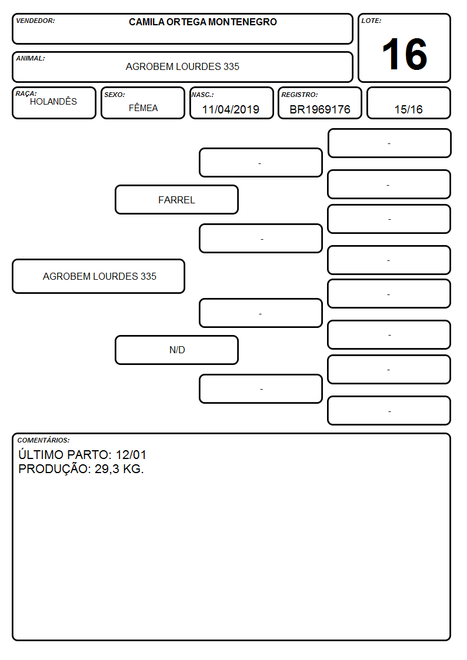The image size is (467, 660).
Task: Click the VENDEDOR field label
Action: (35, 21)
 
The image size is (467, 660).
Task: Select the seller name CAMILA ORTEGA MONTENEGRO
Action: (203, 22)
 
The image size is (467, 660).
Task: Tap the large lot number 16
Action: (405, 54)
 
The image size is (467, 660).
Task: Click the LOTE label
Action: (371, 21)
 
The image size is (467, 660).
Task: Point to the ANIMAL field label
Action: (31, 59)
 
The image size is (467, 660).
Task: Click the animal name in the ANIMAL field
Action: (182, 66)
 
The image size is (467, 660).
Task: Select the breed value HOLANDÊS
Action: (54, 101)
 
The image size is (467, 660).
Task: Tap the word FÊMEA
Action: (143, 108)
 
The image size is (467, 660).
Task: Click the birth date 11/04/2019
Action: (231, 109)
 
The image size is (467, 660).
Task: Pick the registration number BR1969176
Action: (320, 109)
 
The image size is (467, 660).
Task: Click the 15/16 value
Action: (408, 109)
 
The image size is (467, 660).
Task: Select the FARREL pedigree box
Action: (177, 200)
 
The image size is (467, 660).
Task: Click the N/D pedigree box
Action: (177, 350)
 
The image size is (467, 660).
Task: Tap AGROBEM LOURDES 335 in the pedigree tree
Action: (99, 276)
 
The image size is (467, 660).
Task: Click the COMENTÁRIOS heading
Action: (44, 440)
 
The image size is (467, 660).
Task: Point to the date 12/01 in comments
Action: (131, 455)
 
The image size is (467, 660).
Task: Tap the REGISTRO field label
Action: (300, 95)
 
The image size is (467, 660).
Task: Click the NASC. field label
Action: (202, 95)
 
